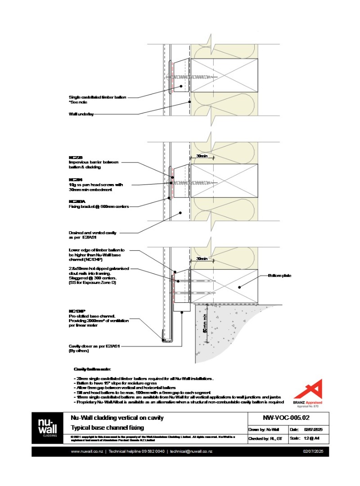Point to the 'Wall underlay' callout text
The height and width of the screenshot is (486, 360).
click(x=81, y=114)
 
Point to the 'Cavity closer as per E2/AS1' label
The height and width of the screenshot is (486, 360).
click(x=94, y=346)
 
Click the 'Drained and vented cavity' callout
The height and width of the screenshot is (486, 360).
click(x=92, y=233)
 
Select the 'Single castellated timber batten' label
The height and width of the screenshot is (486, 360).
click(x=98, y=97)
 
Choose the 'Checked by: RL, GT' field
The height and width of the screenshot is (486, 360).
click(x=265, y=438)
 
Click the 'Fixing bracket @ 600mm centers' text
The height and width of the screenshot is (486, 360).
click(x=99, y=207)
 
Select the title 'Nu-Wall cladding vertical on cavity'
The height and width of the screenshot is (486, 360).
click(x=117, y=418)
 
